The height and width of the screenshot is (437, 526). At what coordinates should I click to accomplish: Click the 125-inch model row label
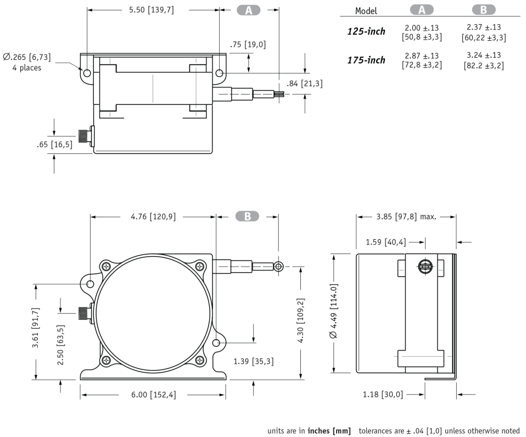tap(366, 31)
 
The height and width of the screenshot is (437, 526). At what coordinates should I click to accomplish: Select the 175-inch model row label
tap(366, 60)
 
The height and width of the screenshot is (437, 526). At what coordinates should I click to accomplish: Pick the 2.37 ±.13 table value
tap(483, 27)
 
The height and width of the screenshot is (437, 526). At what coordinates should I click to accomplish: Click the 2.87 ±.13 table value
tap(422, 56)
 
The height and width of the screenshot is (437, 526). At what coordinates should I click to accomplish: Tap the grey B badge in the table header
tap(483, 10)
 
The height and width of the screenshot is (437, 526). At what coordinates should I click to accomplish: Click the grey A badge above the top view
tap(249, 10)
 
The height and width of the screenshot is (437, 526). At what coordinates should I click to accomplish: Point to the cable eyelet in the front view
tap(279, 267)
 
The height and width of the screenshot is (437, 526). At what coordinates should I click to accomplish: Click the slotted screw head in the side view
tap(424, 267)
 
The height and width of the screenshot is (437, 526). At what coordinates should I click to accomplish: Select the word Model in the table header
tap(366, 10)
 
